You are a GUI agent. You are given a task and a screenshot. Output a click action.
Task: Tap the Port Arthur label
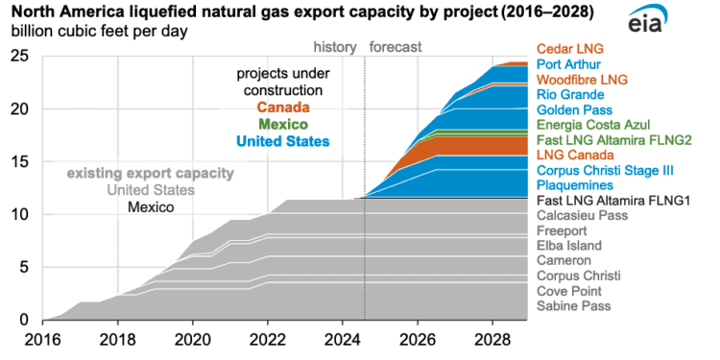point(569,64)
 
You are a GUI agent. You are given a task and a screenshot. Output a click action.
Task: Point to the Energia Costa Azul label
point(592,125)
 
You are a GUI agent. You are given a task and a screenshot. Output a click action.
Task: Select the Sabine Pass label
point(574,305)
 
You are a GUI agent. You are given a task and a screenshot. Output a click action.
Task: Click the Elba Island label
point(570,246)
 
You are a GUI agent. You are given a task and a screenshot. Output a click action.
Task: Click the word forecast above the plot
point(396,46)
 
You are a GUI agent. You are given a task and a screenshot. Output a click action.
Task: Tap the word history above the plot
point(335,46)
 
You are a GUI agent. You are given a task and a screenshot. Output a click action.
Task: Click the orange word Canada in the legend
point(282,108)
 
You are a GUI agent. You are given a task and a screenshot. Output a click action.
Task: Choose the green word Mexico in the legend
point(282,125)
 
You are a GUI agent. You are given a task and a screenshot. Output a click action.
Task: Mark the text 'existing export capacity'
point(150,174)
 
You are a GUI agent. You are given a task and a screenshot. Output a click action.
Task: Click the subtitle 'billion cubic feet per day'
point(100,31)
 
